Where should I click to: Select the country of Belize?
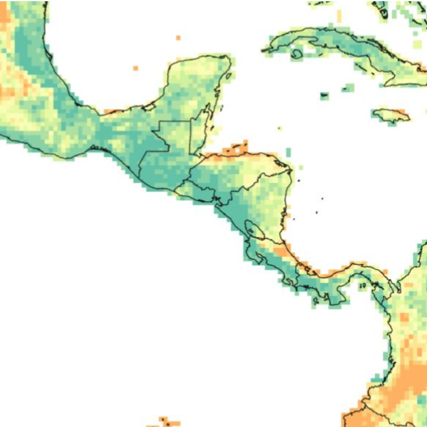[200, 132]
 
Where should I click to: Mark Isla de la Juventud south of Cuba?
[297, 54]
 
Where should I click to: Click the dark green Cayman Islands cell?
[324, 95]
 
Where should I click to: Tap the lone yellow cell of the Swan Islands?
[280, 128]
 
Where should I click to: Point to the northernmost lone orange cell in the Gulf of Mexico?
[178, 38]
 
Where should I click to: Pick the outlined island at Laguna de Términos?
[149, 106]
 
